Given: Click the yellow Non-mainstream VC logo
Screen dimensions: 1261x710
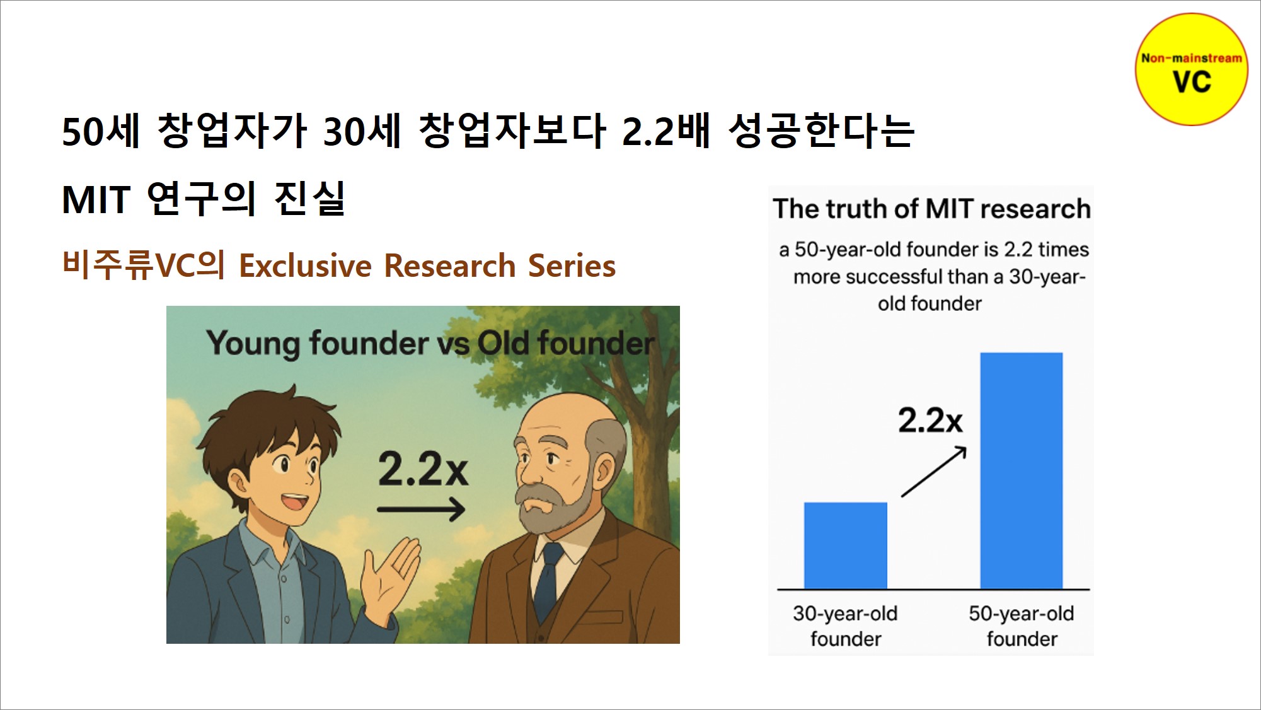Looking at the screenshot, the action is tap(1191, 69).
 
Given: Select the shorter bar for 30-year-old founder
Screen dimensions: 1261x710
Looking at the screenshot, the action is tap(846, 545).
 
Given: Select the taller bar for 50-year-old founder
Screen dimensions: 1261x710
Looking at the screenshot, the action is tap(1022, 470).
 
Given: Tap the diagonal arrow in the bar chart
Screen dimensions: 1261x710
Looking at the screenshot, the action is tap(933, 472).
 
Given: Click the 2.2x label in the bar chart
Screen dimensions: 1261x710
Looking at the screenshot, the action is tap(930, 420).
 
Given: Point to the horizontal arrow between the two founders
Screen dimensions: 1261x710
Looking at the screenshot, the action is tap(421, 509).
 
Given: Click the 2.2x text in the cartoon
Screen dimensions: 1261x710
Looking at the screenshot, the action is tap(423, 470).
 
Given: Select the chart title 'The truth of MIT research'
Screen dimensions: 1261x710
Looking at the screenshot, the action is tap(931, 209).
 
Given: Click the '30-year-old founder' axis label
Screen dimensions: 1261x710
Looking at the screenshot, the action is tap(845, 626).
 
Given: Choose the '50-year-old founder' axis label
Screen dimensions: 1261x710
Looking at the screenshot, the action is tap(1022, 626).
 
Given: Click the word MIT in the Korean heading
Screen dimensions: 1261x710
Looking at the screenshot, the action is tap(96, 201).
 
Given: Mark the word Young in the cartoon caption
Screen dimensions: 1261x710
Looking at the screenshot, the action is tap(253, 344).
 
